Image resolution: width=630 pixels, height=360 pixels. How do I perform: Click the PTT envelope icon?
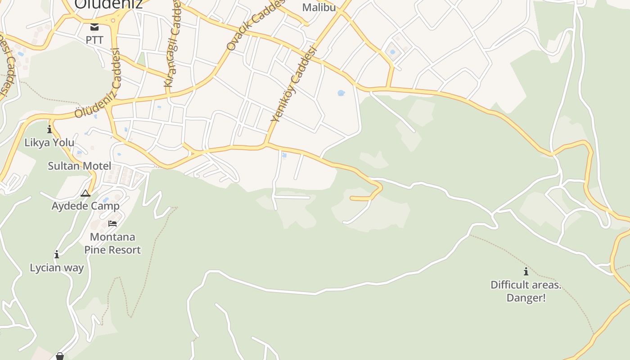pos(94,27)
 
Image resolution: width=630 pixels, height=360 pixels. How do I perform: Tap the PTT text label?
pos(94,40)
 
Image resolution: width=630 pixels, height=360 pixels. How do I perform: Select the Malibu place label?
pos(319,7)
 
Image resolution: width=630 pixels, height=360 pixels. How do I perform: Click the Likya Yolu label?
pos(49,143)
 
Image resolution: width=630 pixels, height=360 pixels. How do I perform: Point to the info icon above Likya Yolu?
pos(49,130)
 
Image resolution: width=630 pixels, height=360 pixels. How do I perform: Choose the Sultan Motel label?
pos(79,166)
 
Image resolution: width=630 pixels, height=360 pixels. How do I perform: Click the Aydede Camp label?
pos(85,206)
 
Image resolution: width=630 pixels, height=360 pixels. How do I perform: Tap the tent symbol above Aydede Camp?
pos(85,193)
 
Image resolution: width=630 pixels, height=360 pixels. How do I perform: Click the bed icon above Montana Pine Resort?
pos(112,223)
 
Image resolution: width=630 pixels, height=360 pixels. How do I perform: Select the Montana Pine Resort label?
pos(112,243)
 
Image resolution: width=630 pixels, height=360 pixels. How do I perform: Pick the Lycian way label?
pos(57,268)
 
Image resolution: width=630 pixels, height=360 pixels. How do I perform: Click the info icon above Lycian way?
pos(57,255)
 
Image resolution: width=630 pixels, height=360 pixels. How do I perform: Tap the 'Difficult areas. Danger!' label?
pos(526,291)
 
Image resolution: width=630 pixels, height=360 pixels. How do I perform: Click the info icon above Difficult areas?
pos(526,271)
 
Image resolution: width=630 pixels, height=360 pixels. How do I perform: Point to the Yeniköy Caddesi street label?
pos(294,85)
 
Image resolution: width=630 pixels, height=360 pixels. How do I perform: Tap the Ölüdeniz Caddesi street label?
pos(98,84)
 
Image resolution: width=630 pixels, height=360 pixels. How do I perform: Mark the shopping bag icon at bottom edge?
pos(60,356)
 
